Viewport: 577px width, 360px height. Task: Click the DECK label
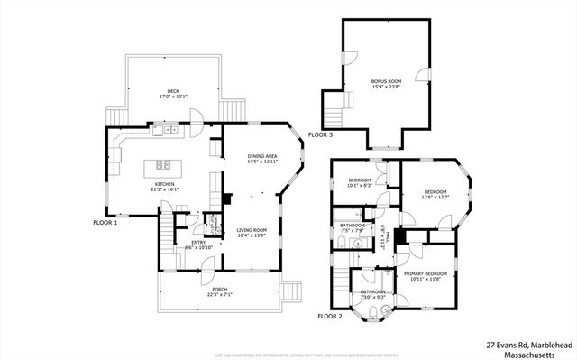(172, 91)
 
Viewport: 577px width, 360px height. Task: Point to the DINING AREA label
(262, 157)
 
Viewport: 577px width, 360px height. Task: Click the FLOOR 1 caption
(105, 222)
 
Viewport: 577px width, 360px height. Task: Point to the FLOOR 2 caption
(330, 317)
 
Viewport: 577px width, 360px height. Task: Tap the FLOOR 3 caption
(320, 134)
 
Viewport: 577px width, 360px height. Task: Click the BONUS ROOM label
(385, 81)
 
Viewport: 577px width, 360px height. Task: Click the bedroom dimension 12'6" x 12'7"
(436, 197)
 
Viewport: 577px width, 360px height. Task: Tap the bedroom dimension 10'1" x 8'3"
(360, 185)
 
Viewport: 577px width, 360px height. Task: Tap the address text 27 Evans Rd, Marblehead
(527, 344)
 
